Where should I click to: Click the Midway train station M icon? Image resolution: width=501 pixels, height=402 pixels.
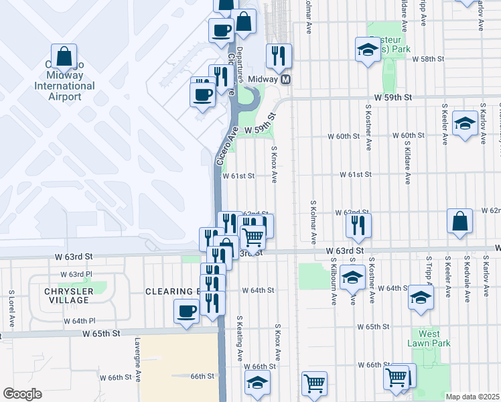(x=285, y=79)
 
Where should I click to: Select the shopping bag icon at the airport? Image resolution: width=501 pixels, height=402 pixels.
(x=64, y=58)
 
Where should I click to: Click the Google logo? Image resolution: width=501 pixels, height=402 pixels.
(x=22, y=394)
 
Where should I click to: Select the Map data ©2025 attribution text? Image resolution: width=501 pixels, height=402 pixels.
(x=472, y=397)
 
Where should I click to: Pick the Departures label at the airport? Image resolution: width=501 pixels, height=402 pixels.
(x=239, y=74)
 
